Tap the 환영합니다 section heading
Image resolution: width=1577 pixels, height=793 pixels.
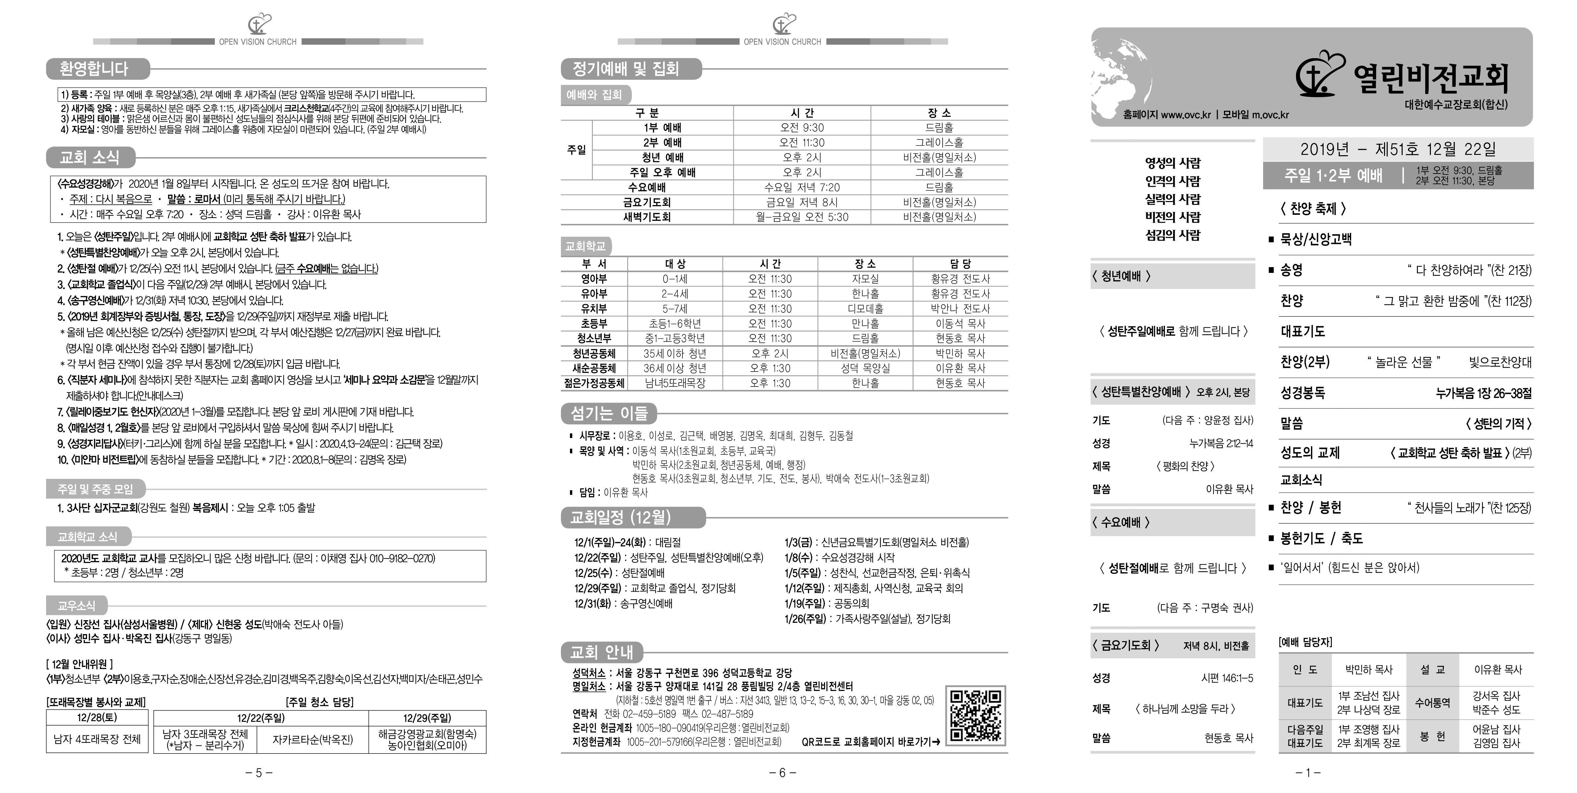[94, 68]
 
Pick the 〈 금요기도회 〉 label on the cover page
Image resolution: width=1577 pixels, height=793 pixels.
[1125, 645]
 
